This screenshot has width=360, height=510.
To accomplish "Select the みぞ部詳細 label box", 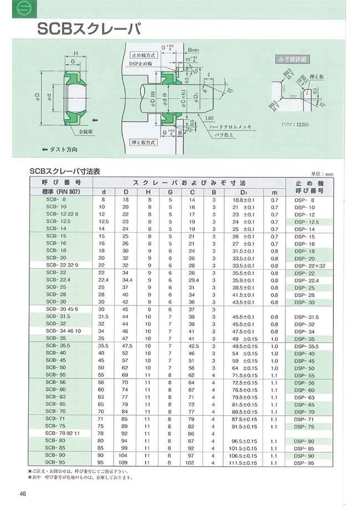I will [291, 59].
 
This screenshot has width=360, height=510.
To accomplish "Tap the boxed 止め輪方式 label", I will [145, 57].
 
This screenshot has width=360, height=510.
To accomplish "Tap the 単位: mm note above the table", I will [325, 174].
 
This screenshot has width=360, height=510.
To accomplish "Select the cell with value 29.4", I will [192, 280].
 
